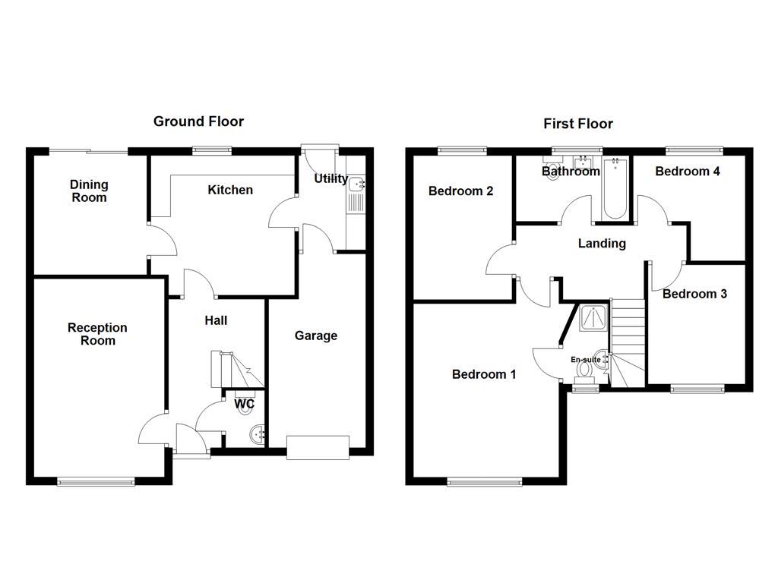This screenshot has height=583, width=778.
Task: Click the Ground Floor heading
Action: click(198, 121)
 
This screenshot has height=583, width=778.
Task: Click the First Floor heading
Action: click(577, 124)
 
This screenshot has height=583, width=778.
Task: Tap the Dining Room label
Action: click(89, 191)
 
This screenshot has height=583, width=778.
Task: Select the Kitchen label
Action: click(230, 190)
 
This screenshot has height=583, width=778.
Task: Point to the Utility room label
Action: click(330, 179)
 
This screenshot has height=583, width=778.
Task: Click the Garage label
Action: click(316, 336)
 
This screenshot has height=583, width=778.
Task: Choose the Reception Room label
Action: click(97, 334)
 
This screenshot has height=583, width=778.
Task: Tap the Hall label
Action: click(216, 320)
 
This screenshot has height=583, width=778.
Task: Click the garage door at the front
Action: click(318, 447)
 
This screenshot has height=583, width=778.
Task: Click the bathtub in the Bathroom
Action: click(614, 188)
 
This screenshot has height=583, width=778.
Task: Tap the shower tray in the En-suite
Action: click(590, 319)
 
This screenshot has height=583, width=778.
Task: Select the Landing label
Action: click(602, 244)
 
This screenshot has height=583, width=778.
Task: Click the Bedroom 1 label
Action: click(484, 374)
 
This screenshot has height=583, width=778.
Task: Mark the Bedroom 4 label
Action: click(688, 172)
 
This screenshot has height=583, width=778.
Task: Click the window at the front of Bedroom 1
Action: click(485, 481)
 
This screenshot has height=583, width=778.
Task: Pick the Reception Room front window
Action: click(96, 481)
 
